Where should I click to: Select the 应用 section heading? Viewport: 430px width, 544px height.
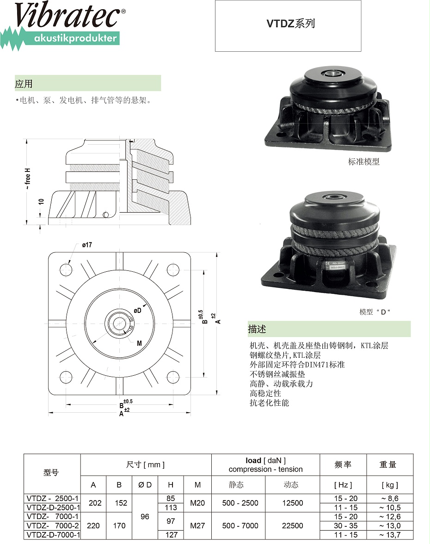(24, 84)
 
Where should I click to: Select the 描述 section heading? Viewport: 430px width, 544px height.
(257, 329)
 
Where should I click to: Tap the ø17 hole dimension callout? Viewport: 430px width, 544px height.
(87, 245)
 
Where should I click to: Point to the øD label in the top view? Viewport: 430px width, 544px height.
(137, 311)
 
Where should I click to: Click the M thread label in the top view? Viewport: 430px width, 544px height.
(139, 343)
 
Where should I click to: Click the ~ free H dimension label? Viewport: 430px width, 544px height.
(27, 179)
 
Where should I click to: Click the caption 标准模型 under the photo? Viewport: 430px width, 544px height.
(364, 162)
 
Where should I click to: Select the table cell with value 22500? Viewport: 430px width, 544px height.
(292, 526)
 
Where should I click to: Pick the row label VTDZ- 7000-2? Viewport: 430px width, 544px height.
(52, 526)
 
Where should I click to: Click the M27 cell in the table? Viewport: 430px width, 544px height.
(197, 526)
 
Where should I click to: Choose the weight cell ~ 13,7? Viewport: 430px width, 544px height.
(389, 535)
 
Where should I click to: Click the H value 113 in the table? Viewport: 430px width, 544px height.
(171, 507)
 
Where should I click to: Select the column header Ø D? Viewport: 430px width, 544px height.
(145, 485)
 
